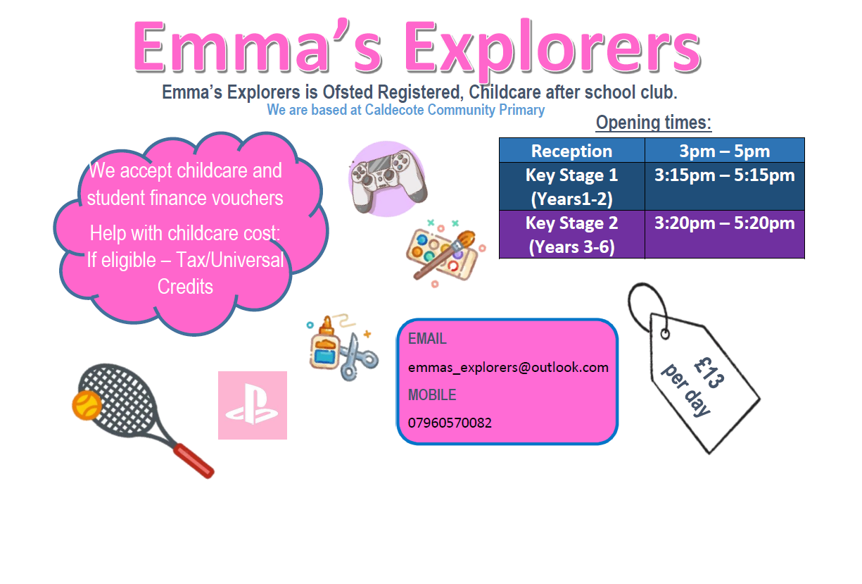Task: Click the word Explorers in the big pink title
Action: [552, 48]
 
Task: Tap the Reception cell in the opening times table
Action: [572, 151]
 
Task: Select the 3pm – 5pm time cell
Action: [725, 151]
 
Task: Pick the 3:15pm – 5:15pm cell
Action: [725, 187]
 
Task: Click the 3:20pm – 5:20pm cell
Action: [725, 234]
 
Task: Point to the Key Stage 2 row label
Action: [572, 234]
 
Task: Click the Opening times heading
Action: [654, 123]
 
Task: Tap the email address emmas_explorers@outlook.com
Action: [508, 368]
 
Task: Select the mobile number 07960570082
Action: [450, 423]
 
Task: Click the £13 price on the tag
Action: [709, 373]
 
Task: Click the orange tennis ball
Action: [87, 405]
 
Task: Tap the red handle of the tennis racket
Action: [194, 461]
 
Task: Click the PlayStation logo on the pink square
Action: [252, 404]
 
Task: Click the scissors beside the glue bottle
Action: [357, 357]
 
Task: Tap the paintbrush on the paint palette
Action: [445, 254]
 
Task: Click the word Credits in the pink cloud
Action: [185, 287]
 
